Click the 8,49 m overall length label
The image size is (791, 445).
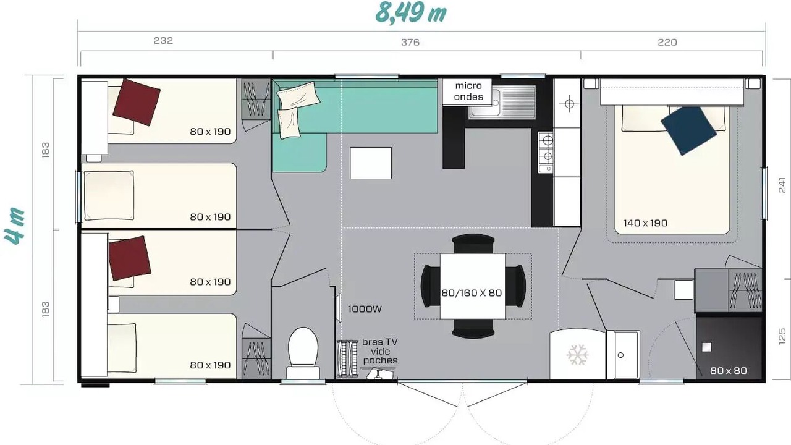(x=411, y=13)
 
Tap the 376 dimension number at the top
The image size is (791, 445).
(x=410, y=43)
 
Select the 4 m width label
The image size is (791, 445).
(x=14, y=226)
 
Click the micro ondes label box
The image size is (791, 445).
(x=468, y=91)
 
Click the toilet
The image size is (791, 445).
(x=303, y=353)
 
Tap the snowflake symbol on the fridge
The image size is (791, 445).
(x=577, y=355)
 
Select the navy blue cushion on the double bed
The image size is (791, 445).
(x=688, y=130)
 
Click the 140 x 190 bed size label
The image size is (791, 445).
(x=645, y=223)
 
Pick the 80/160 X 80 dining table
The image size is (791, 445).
(x=473, y=286)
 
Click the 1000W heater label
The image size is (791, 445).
(x=365, y=310)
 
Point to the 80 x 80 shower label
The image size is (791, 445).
(x=729, y=370)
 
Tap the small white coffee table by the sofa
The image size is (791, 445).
(x=371, y=163)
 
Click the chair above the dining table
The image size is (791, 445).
(x=473, y=244)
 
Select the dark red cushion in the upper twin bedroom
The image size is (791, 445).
(x=137, y=102)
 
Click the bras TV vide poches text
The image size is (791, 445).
(x=380, y=351)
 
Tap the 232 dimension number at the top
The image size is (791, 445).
(x=163, y=41)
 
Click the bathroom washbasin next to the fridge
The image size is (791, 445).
(x=624, y=355)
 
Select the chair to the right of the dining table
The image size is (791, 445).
(x=515, y=286)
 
